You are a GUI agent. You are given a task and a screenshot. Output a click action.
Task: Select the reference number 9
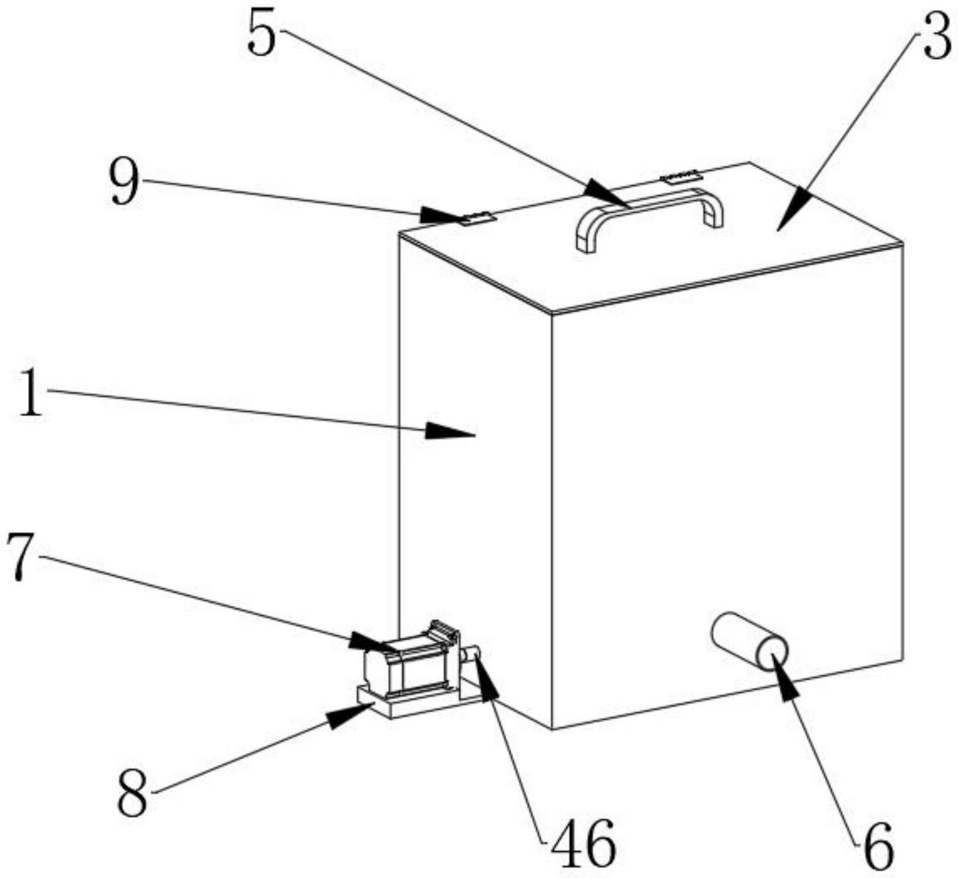pos(124,181)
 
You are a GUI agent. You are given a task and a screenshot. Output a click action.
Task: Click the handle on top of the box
pos(650,217)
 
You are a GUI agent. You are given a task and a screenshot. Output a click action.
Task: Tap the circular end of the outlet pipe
pos(773,655)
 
